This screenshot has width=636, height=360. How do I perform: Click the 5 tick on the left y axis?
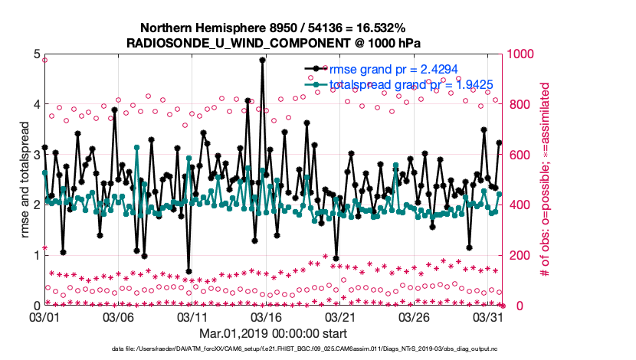[35, 54]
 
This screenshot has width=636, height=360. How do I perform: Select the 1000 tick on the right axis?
[517, 54]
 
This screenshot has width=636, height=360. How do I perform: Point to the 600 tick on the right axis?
[514, 155]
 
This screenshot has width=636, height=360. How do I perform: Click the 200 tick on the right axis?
[514, 255]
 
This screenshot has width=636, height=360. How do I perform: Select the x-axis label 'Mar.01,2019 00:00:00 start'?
[274, 333]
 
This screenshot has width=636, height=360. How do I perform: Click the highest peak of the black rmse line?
[262, 60]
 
